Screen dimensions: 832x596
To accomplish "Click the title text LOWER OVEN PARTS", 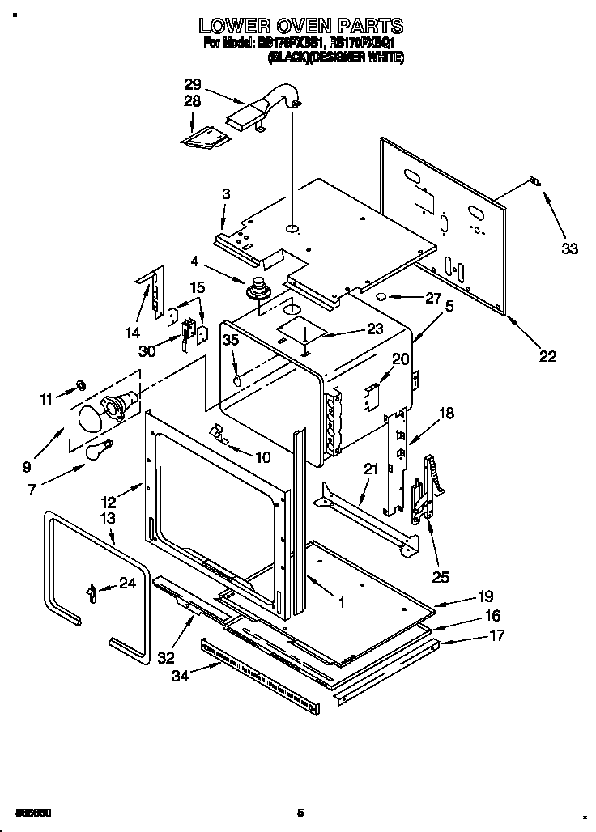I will [301, 27].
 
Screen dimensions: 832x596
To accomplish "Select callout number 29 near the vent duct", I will [192, 83].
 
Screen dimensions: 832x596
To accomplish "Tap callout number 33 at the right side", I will [570, 248].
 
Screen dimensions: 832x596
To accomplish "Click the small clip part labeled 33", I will [534, 181].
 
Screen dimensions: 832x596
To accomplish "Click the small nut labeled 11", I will [81, 382].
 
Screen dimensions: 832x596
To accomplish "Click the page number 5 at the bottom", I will [300, 812].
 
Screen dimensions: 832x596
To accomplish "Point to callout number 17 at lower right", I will [496, 635].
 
